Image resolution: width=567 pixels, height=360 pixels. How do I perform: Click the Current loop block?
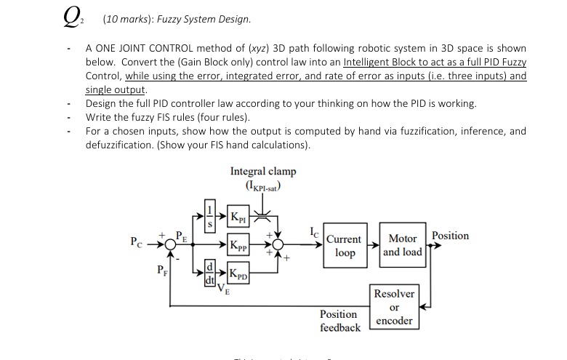pos(344,246)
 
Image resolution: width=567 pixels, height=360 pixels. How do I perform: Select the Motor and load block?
pos(402,246)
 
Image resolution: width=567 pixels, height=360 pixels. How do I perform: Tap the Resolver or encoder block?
pos(394,306)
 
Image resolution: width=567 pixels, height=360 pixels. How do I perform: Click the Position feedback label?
pos(339,321)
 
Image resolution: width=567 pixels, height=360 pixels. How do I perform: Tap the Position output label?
pos(450,236)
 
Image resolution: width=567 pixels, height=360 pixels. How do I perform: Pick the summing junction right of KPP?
pos(277,245)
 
